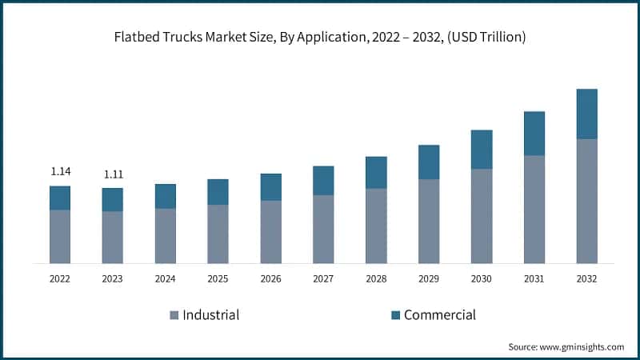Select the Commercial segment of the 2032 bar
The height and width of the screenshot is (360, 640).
[x=586, y=114]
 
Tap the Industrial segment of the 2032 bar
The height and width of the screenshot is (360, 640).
[x=586, y=201]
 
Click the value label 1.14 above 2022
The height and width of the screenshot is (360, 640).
[x=60, y=171]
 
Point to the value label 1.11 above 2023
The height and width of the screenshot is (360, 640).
[x=113, y=174]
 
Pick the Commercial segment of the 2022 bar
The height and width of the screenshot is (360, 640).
[x=60, y=198]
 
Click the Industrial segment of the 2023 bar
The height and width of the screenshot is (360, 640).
[x=113, y=237]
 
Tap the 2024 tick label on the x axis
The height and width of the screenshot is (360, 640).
[x=165, y=279]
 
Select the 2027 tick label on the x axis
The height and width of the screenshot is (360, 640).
[x=323, y=279]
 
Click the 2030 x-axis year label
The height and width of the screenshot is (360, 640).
[x=481, y=279]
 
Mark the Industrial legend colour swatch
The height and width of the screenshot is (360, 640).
[x=174, y=315]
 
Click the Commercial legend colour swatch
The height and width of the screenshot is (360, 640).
[x=394, y=315]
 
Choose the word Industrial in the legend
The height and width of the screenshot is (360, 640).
[x=211, y=315]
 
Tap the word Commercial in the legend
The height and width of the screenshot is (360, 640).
[x=439, y=315]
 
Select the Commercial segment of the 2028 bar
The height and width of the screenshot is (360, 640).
[x=376, y=172]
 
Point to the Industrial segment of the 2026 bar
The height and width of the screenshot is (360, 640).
[x=270, y=231]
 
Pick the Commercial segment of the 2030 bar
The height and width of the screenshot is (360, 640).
[x=481, y=149]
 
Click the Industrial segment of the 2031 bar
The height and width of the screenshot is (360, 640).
[x=534, y=209]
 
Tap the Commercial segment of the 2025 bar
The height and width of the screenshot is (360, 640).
[x=218, y=191]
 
